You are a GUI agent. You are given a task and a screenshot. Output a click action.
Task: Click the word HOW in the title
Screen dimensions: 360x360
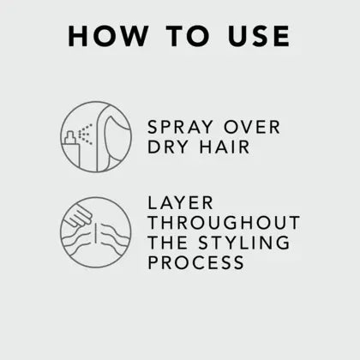click(108, 36)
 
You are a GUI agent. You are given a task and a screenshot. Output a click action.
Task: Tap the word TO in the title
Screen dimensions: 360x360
click(188, 36)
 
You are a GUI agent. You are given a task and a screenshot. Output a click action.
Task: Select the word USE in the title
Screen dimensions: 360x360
click(259, 36)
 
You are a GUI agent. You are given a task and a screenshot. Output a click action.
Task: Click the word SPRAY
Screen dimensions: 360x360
click(180, 127)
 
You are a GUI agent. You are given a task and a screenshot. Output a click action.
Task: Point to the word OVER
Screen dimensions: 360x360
click(252, 127)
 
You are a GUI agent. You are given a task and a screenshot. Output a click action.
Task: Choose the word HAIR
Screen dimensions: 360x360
click(225, 147)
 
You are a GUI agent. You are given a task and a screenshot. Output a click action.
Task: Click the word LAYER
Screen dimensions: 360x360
click(180, 203)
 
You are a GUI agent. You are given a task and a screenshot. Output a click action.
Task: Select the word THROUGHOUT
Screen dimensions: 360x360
click(224, 223)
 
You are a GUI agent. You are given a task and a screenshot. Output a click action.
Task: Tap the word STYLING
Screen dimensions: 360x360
click(244, 243)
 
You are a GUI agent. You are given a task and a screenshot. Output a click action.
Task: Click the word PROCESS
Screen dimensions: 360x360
click(196, 262)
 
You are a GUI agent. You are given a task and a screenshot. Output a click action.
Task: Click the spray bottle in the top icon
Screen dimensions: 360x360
click(72, 149)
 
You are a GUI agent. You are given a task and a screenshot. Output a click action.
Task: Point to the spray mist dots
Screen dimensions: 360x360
click(86, 134)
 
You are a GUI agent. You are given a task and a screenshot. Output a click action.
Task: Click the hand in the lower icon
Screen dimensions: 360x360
click(78, 217)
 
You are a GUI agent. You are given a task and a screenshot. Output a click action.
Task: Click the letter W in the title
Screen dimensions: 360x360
click(132, 36)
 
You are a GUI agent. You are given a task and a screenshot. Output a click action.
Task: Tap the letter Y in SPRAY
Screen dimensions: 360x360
click(207, 127)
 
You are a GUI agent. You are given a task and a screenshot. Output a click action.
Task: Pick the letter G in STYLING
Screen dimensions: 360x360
click(283, 243)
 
